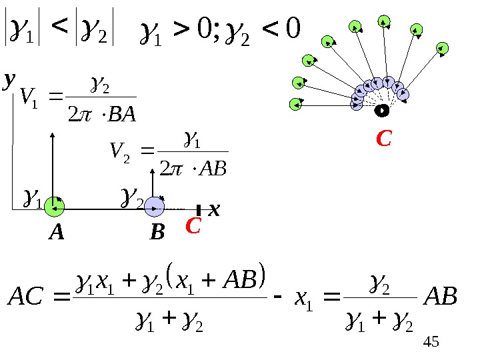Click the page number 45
pyautogui.click(x=432, y=343)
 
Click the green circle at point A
pyautogui.click(x=54, y=207)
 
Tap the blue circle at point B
pyautogui.click(x=154, y=208)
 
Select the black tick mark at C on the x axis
pyautogui.click(x=199, y=210)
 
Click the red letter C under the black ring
pyautogui.click(x=383, y=139)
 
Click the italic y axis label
pyautogui.click(x=9, y=81)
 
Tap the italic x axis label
pyautogui.click(x=213, y=210)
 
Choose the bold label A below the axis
pyautogui.click(x=57, y=233)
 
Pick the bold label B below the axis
pyautogui.click(x=157, y=233)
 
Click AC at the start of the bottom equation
pyautogui.click(x=29, y=297)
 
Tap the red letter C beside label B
pyautogui.click(x=193, y=227)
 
